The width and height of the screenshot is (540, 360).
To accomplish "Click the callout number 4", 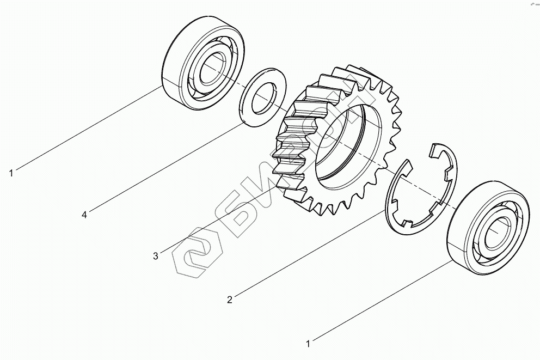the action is pos(84,215).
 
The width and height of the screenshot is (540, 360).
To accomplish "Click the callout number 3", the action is pos(156,257).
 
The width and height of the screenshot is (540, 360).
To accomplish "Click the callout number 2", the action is pos(230,300).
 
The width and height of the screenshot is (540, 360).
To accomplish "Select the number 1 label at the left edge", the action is pos(11,173).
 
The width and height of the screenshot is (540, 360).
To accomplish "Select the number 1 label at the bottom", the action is pos(308,344).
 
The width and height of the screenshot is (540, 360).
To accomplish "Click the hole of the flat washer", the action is pos(264,98).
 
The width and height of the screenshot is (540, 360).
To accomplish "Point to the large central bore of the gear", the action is pos(348,148).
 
